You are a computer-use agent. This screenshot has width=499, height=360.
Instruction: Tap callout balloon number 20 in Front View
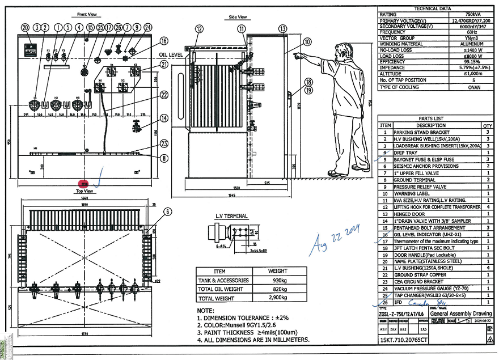click(x=25, y=27)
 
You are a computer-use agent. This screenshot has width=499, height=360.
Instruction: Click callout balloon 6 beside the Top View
click(x=167, y=211)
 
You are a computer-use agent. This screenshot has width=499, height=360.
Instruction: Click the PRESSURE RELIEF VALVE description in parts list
click(x=420, y=187)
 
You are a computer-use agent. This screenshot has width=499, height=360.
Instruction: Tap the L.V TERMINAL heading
click(x=231, y=216)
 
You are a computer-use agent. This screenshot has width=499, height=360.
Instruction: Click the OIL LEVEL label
click(x=171, y=54)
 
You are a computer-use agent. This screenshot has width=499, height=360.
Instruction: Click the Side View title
click(x=238, y=17)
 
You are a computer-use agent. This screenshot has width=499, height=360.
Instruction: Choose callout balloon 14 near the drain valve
click(x=164, y=118)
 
